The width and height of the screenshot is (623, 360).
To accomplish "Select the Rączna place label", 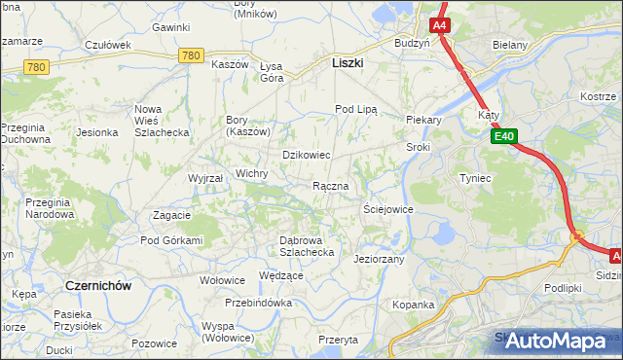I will point(330,186).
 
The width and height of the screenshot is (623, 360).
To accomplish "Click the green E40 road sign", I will point(503,138).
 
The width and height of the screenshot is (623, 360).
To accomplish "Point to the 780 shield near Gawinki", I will point(191,57).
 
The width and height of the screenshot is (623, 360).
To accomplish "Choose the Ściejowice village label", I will point(387,209).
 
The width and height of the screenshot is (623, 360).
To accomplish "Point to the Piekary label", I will point(423,120).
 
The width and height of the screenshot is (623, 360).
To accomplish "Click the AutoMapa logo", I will point(556,341).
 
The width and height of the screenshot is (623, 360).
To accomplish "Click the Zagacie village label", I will point(171,215).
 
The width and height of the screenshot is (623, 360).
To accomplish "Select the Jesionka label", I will point(97,132).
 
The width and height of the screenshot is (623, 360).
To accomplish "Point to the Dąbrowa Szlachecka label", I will point(307,245).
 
